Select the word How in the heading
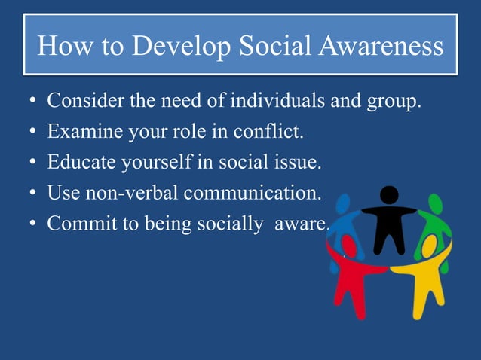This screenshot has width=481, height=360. click(61, 47)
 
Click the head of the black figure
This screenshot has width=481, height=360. click(389, 195)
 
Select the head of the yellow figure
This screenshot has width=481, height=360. click(429, 244)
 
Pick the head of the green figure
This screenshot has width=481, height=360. click(435, 203)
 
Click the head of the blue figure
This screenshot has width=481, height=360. click(344, 203)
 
